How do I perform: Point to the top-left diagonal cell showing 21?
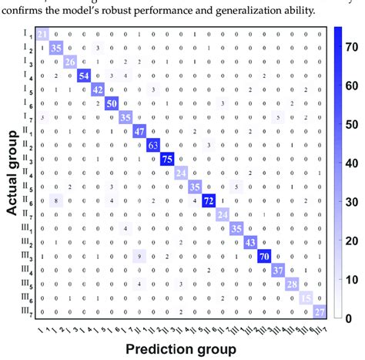pos(43,33)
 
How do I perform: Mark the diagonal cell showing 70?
pos(264,255)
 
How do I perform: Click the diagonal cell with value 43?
pos(250,241)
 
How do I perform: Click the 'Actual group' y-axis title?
pos(12,172)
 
